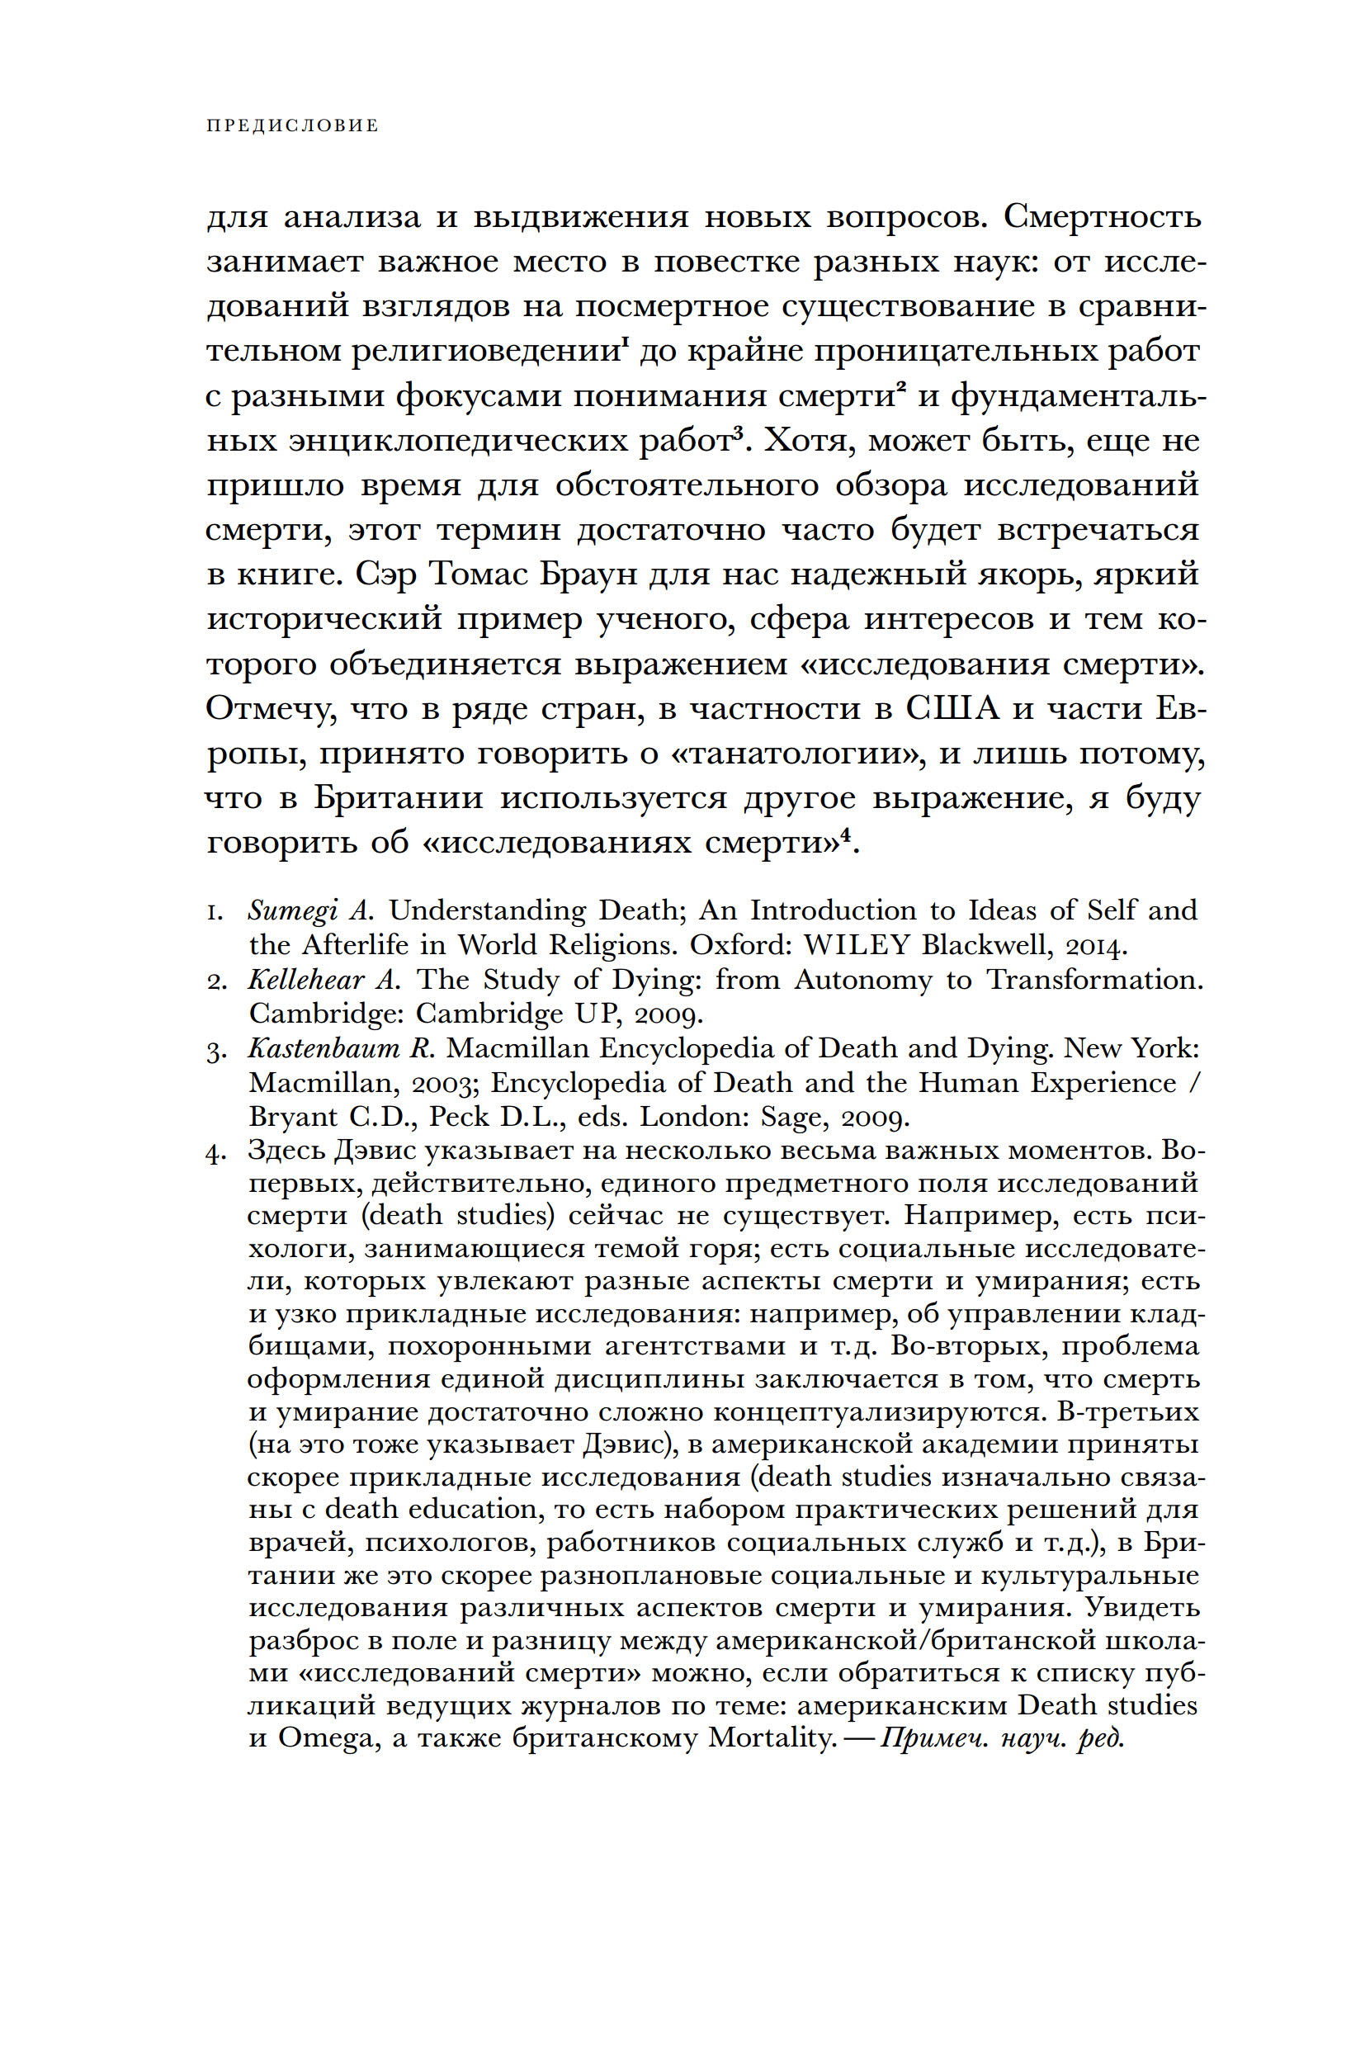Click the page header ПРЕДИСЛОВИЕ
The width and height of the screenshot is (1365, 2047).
pos(292,126)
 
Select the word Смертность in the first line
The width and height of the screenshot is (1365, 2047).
pos(1101,216)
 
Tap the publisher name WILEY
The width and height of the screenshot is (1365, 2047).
pos(857,945)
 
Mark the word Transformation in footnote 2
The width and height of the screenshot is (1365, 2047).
pos(1093,980)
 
